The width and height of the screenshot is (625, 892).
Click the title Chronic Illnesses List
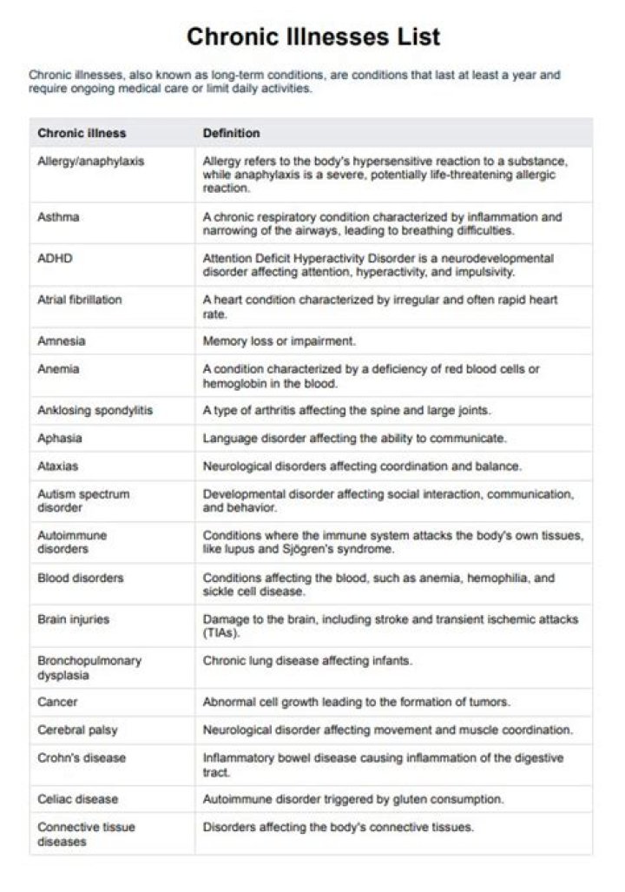[312, 36]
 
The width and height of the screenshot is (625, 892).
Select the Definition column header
[231, 133]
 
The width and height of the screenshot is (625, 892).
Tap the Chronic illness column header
[82, 133]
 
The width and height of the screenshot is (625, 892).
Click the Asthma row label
[58, 216]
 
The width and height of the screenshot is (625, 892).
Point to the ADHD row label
[54, 258]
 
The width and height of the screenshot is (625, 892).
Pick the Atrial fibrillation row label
[80, 300]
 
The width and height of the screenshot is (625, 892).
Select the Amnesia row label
[62, 341]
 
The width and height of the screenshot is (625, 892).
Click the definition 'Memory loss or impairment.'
[280, 341]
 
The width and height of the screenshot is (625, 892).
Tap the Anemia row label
[58, 369]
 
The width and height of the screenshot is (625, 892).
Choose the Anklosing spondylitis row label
[95, 410]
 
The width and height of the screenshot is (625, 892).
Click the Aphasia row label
[60, 438]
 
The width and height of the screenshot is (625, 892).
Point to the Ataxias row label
[58, 466]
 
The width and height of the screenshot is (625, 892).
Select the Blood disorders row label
[81, 578]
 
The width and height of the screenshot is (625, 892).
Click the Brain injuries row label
[74, 619]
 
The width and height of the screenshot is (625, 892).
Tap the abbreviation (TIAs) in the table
[221, 633]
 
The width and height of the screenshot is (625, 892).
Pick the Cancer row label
[57, 702]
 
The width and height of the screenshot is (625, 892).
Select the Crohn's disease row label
[82, 757]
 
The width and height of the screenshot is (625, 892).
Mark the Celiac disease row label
[78, 799]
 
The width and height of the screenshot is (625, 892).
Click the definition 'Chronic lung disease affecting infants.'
[307, 660]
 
